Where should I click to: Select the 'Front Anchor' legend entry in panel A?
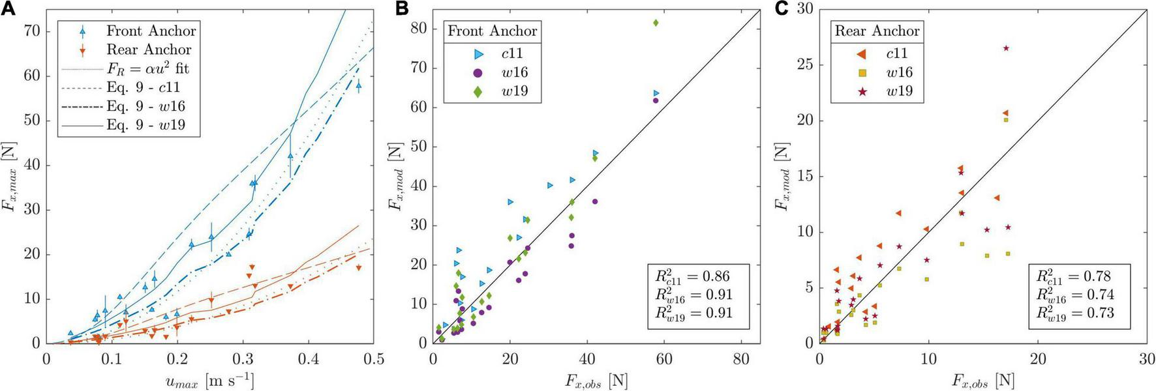(151, 31)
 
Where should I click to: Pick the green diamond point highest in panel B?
(656, 23)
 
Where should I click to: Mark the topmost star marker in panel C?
(1006, 48)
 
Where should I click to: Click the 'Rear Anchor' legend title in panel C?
(877, 31)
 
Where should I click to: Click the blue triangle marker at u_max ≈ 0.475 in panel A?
(358, 85)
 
